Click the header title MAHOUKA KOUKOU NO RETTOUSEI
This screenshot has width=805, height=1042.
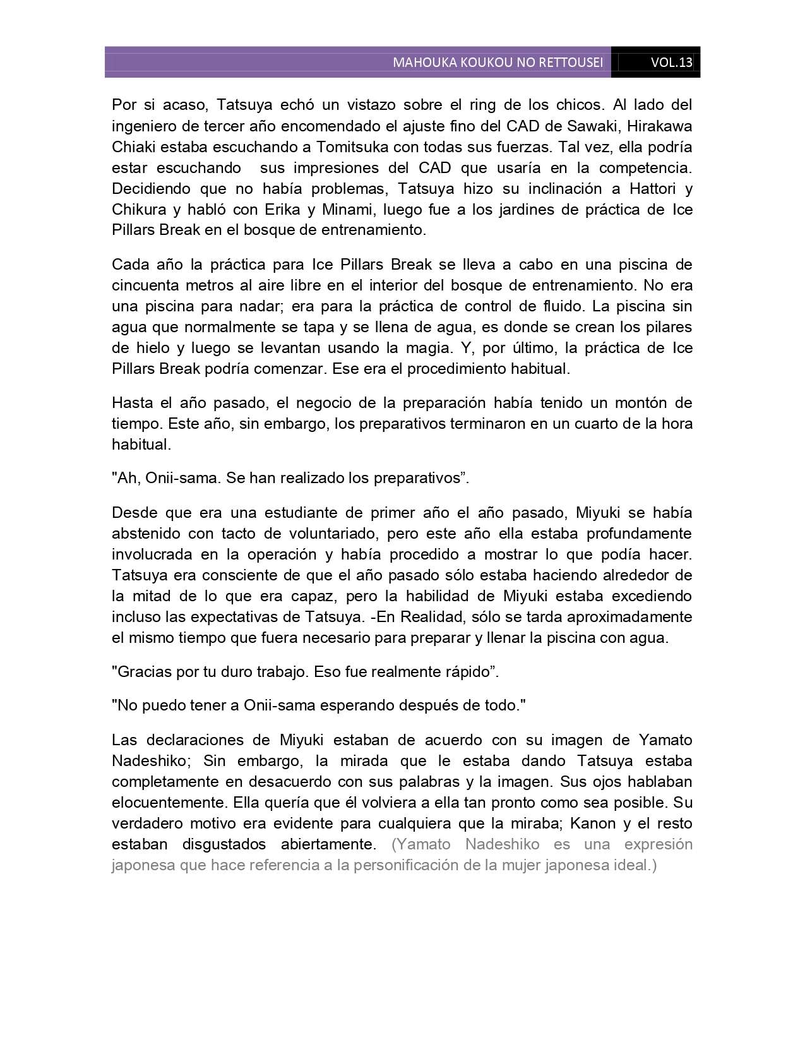(x=498, y=63)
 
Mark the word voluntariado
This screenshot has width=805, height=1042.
(x=325, y=533)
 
